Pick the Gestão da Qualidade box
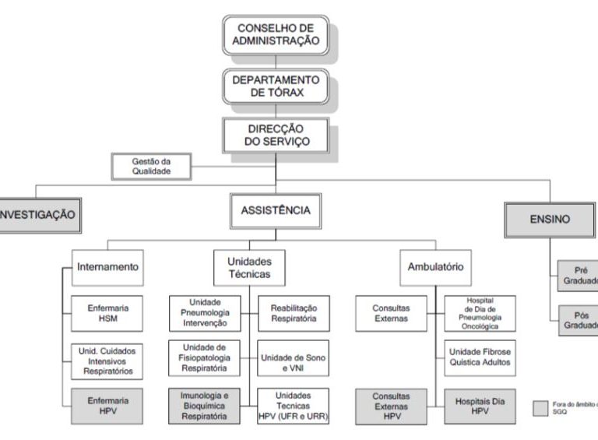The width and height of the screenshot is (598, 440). point(151,167)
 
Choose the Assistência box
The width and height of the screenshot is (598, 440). point(276,211)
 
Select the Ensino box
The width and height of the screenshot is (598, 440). point(550,220)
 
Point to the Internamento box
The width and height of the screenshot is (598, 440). point(107,266)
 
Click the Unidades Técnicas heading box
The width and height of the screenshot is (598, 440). point(249,268)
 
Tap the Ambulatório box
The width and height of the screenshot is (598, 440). point(435,266)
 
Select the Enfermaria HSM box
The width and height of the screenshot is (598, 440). point(107,313)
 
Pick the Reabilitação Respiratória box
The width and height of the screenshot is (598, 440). point(294,313)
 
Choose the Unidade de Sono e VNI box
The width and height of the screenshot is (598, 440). point(294,359)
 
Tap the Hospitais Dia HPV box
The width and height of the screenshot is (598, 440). point(480,405)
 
